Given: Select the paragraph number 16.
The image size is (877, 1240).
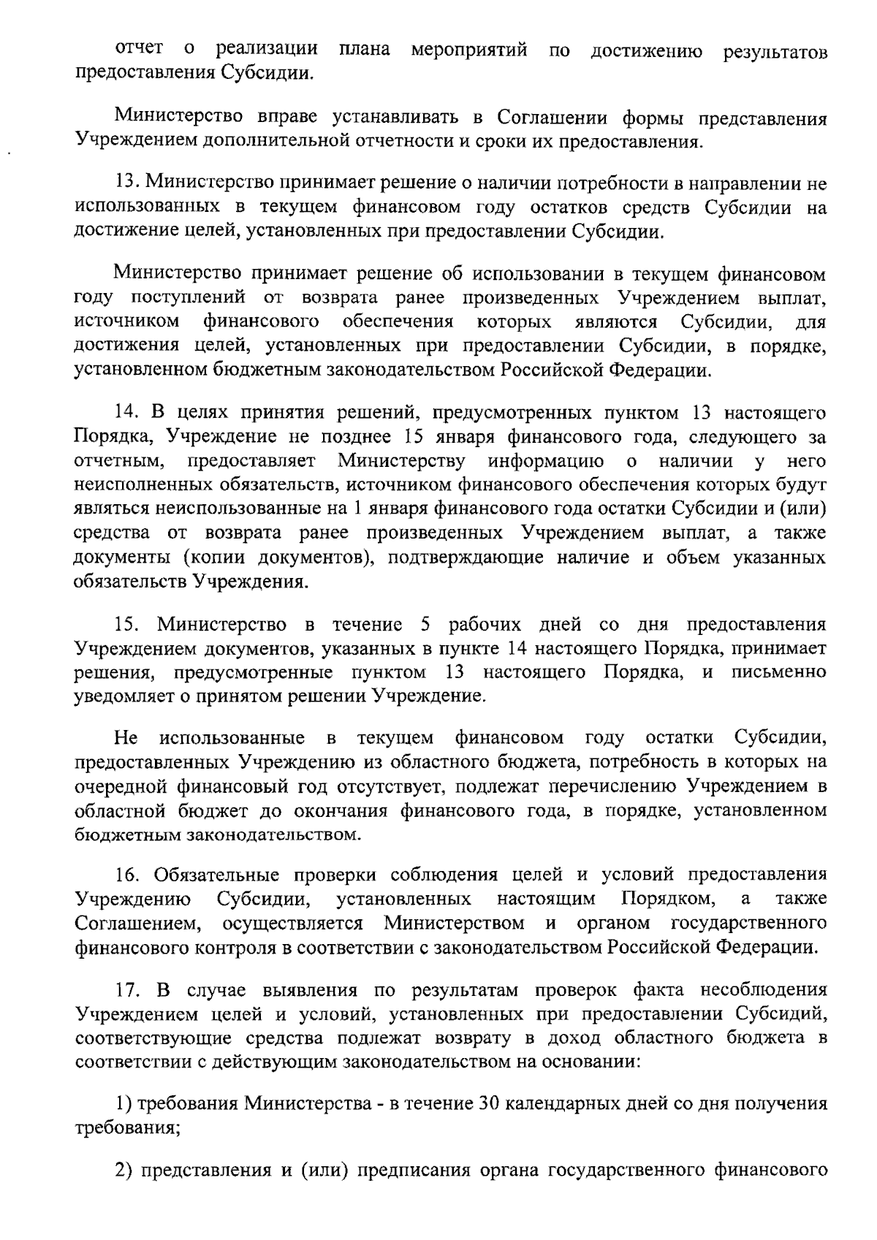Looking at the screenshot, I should coord(127,875).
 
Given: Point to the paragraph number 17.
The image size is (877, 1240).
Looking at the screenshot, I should coord(127,991).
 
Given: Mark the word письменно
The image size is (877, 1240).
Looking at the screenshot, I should coord(778,672).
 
